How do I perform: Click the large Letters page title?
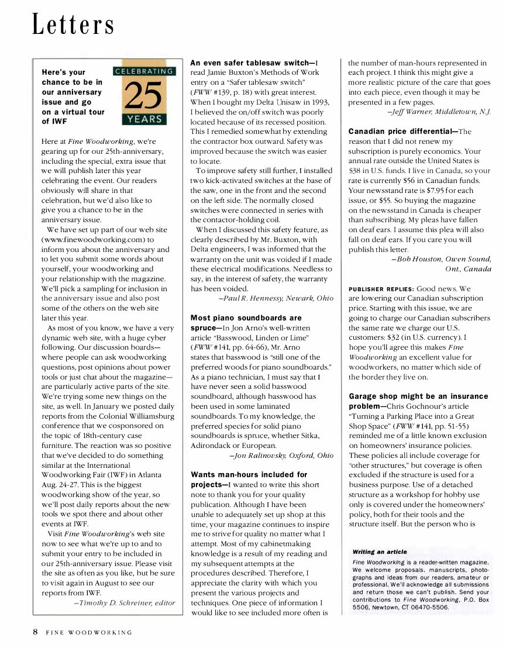click(73, 25)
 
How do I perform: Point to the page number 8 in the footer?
click(35, 632)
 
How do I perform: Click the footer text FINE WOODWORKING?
click(90, 633)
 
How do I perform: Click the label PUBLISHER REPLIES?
click(381, 289)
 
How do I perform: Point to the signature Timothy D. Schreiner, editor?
click(125, 603)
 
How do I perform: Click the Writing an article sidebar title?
click(380, 552)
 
